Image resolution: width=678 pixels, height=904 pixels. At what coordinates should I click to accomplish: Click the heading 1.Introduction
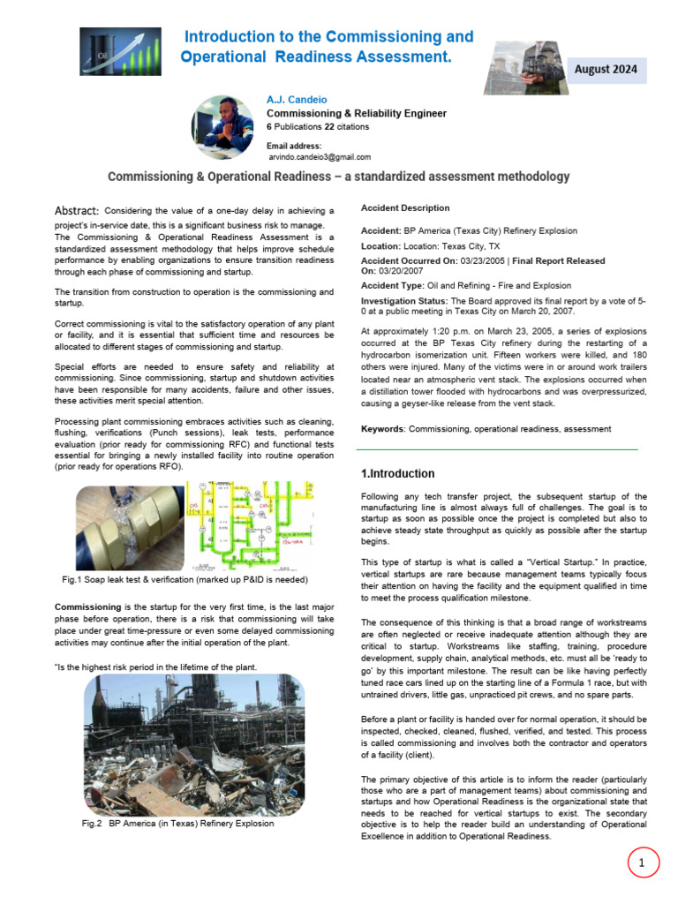[x=397, y=474]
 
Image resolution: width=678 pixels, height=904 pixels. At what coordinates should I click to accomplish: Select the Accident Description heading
[x=405, y=208]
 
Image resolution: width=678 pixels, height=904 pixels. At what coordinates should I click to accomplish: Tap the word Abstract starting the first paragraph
[x=77, y=210]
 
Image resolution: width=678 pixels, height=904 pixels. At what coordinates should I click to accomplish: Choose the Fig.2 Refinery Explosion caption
[x=177, y=824]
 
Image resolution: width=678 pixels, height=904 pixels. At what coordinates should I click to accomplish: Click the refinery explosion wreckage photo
[x=193, y=743]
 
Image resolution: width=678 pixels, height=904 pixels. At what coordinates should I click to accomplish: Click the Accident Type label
[x=393, y=286]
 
